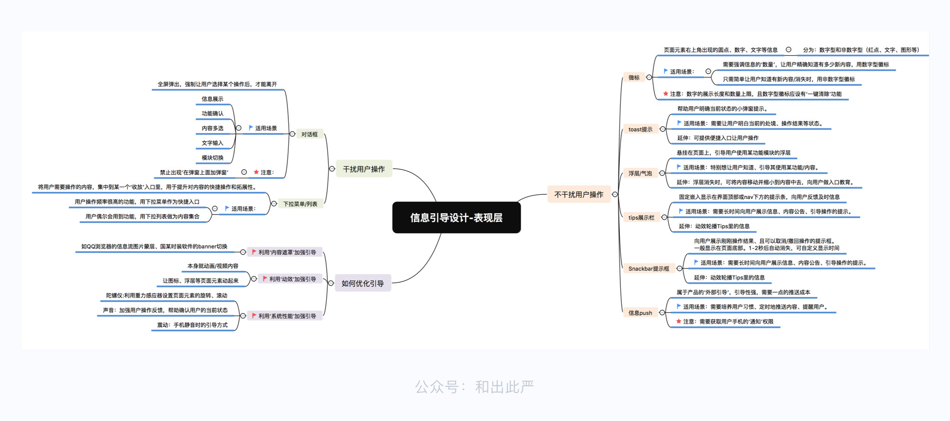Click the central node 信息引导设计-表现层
(456, 218)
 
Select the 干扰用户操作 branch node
(364, 169)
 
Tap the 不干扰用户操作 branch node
(579, 194)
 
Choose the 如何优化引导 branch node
(362, 283)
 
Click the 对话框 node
(309, 134)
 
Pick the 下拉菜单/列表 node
(300, 204)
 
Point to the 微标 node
(634, 77)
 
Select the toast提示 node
(640, 129)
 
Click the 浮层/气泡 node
(640, 173)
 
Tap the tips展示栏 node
(641, 218)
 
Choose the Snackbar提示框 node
(648, 268)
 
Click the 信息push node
(640, 313)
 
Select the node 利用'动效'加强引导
(289, 279)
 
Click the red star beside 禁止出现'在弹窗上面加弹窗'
(256, 172)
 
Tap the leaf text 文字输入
(212, 143)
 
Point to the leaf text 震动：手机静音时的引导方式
(192, 325)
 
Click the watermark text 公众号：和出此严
(474, 387)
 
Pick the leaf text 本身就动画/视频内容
(213, 266)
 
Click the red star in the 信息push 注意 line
(679, 322)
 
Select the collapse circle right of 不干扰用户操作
(615, 194)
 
